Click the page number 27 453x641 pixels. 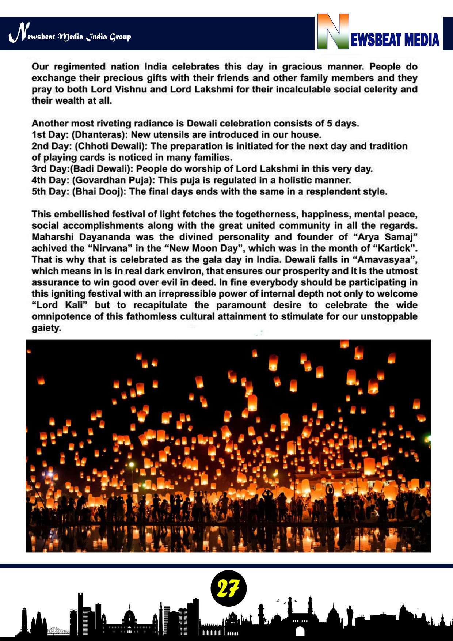click(x=228, y=589)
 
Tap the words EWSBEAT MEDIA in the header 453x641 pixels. click(x=395, y=39)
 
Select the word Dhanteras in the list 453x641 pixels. click(x=99, y=135)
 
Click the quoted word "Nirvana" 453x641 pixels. click(x=115, y=249)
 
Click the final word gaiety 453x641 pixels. click(x=46, y=328)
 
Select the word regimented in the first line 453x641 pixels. click(x=75, y=67)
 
